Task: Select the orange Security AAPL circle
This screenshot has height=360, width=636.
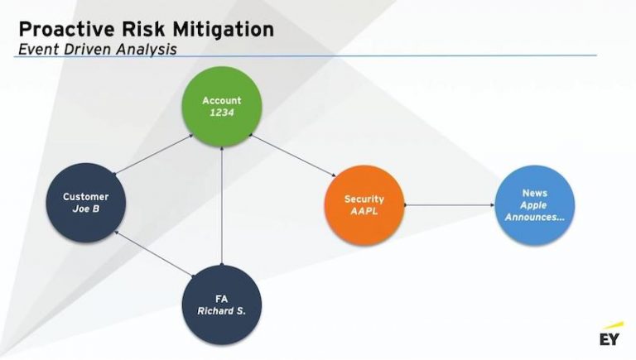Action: [364, 205]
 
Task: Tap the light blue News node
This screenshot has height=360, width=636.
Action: [534, 204]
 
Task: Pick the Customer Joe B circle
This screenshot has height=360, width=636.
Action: [86, 203]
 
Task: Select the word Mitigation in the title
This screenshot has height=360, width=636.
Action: [224, 30]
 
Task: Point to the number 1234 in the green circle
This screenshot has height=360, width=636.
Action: [222, 113]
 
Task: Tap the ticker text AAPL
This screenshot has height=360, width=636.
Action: [364, 211]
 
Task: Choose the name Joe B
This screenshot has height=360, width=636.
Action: [86, 209]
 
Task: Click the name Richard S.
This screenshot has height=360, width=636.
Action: [221, 311]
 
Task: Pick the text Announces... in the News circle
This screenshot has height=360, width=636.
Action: [534, 217]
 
